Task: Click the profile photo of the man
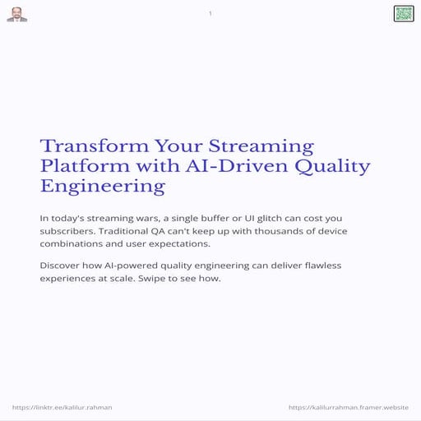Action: click(16, 14)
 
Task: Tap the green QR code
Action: click(403, 13)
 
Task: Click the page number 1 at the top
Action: click(210, 13)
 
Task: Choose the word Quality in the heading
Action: click(332, 166)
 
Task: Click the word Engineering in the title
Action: click(102, 187)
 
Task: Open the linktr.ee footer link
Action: click(62, 407)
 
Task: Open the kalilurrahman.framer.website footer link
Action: click(349, 407)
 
